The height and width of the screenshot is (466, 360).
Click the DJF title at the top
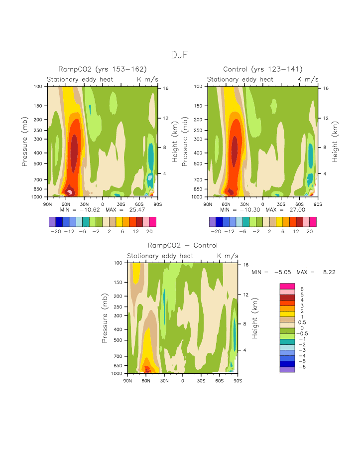click(x=180, y=55)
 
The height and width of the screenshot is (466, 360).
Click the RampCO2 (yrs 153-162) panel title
click(x=103, y=69)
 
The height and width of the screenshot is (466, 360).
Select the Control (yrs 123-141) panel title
click(x=263, y=69)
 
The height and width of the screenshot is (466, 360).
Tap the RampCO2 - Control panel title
click(x=182, y=246)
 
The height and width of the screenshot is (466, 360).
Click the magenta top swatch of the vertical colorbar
click(x=288, y=286)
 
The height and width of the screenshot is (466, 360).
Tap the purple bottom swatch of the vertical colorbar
click(x=288, y=369)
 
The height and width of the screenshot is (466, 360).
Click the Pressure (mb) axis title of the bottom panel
click(x=105, y=317)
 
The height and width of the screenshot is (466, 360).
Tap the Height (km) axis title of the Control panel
click(x=336, y=141)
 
